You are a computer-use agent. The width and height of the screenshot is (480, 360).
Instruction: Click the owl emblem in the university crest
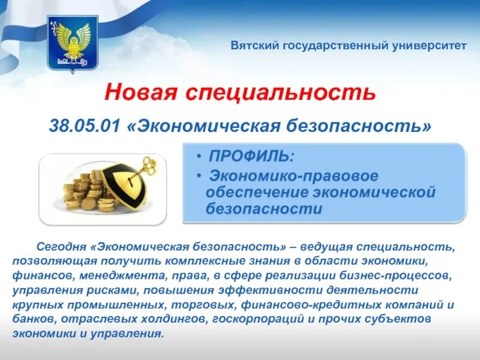73,41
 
